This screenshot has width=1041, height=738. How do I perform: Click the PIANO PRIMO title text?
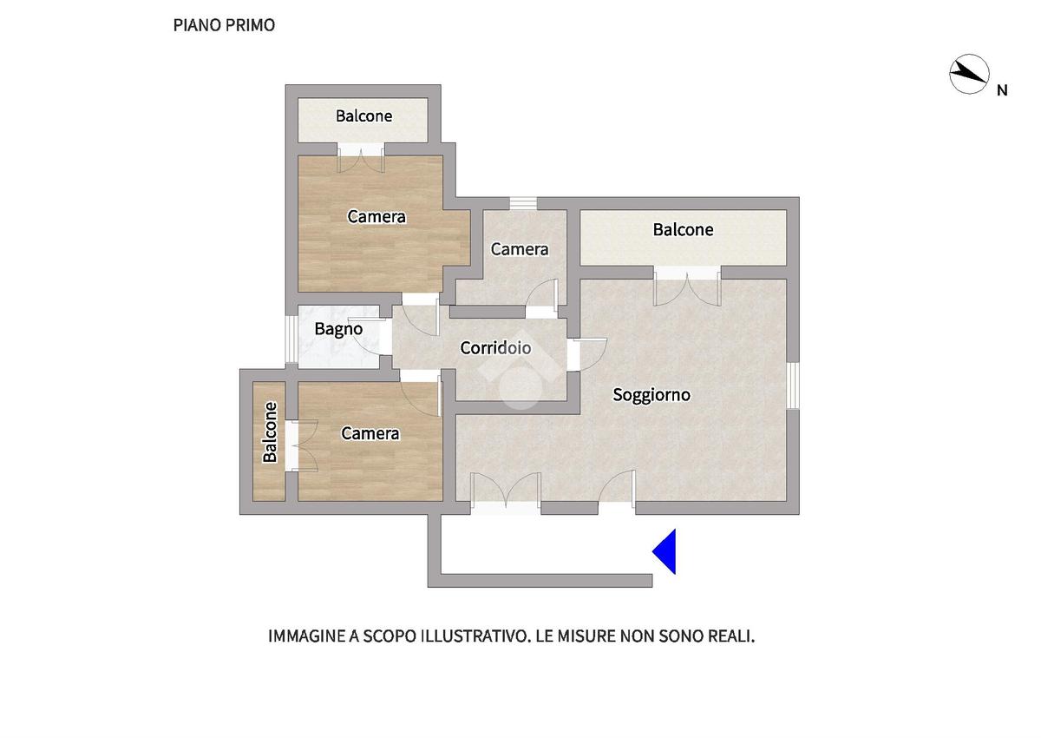coord(224,25)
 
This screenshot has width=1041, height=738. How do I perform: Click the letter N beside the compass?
coord(1002,90)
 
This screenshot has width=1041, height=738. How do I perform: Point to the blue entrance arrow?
coord(665,551)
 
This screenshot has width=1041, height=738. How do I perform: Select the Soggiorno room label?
coord(651,394)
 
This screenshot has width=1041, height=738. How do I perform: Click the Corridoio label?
coord(495,347)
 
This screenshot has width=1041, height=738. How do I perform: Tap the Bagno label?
coord(338,329)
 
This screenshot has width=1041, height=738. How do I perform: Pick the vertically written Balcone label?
coord(270,432)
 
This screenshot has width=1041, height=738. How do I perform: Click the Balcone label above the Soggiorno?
coord(683,229)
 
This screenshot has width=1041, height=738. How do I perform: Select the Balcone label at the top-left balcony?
coord(363,115)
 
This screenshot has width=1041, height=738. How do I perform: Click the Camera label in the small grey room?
coord(520,249)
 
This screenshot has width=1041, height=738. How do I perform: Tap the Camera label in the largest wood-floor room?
coord(376,216)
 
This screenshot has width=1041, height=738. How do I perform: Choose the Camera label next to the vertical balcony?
coord(370,433)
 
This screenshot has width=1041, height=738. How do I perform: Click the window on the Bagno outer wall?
coord(291,339)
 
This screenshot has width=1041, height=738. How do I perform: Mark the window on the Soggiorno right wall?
coord(793,385)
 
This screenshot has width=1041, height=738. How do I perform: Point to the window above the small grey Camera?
coord(523,203)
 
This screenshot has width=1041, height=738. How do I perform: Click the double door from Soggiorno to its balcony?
coord(687,286)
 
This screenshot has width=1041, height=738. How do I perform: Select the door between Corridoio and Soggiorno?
coord(586,354)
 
